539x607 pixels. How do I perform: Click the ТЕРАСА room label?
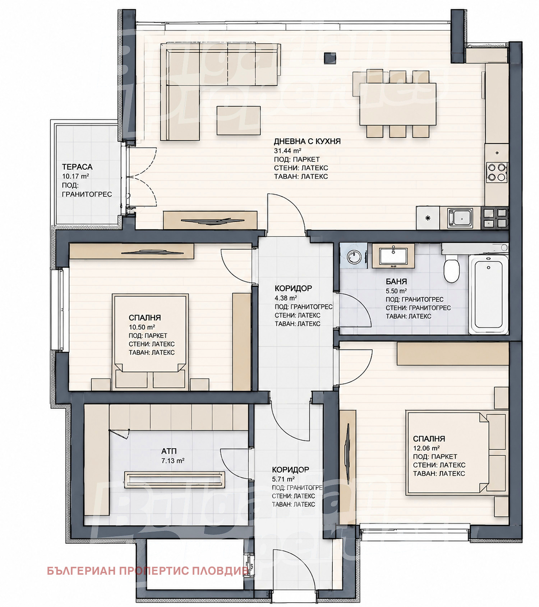coord(77,167)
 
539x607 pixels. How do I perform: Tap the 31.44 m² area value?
coord(287,151)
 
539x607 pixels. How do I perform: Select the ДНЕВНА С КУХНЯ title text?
coord(307,141)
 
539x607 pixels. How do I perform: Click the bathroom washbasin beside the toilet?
coord(393,256)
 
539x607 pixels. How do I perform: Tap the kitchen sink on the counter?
coord(460,218)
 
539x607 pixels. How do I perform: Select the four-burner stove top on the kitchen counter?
coord(497,172)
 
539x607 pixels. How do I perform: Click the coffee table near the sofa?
coord(239,121)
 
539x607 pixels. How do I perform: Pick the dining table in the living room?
coord(398,104)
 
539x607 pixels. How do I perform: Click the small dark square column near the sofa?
coord(330,59)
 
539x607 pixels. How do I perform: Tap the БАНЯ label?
coord(396,282)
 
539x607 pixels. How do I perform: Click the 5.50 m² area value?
coord(396,291)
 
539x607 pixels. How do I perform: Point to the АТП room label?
coord(169,452)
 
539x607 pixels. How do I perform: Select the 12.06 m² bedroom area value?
coord(427,448)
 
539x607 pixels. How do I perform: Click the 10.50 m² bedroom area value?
coord(142,327)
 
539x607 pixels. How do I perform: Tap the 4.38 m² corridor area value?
coord(286,298)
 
